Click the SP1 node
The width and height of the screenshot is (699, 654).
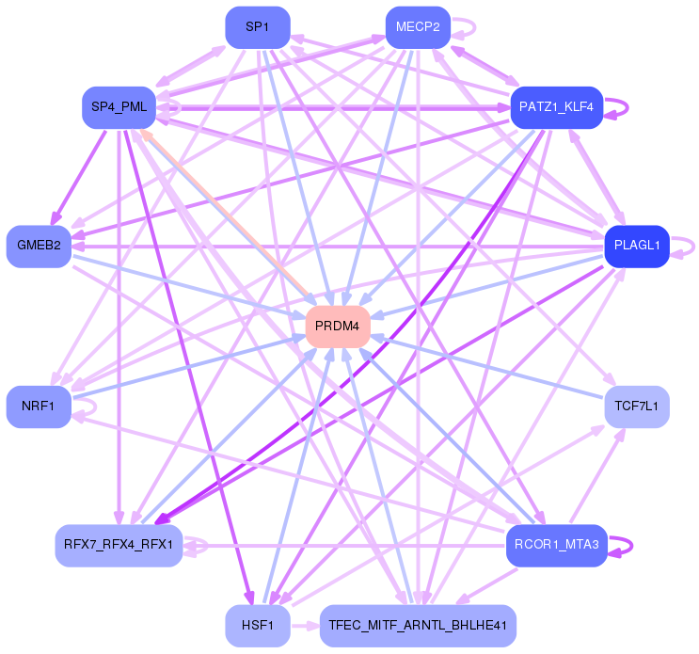(x=257, y=27)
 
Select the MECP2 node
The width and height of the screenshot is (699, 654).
(x=418, y=26)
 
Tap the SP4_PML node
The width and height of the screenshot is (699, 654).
(x=119, y=106)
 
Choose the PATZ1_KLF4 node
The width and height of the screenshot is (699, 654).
(x=556, y=107)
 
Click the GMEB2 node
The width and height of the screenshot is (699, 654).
(x=39, y=246)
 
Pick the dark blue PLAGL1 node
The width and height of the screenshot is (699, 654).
(x=637, y=246)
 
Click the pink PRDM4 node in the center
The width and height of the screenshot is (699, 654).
(x=338, y=326)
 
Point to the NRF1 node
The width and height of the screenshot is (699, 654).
(x=39, y=407)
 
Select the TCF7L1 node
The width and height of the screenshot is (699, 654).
(x=637, y=407)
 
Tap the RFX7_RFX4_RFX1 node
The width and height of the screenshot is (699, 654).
(x=119, y=545)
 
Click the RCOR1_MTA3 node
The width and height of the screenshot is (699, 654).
(x=556, y=545)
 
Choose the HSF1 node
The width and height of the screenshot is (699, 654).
(x=257, y=625)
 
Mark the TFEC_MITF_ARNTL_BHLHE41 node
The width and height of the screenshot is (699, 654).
(x=418, y=625)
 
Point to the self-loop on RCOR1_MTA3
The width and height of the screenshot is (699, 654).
(x=626, y=545)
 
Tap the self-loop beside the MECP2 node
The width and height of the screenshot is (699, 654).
(x=469, y=26)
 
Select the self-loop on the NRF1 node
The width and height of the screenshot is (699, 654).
(x=90, y=407)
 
